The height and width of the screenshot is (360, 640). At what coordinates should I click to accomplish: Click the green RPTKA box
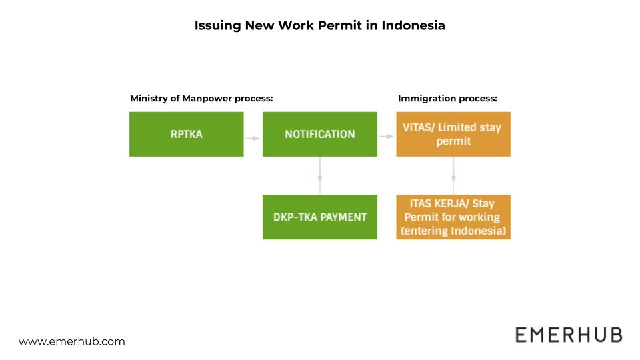pos(186,134)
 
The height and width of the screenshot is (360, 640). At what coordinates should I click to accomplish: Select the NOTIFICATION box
pos(319,134)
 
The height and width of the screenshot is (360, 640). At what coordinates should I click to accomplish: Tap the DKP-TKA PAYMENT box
pos(319,217)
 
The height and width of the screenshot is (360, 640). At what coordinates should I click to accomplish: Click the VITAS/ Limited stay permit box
pos(453,134)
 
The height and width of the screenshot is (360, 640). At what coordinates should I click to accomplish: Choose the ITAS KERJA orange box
pos(453,217)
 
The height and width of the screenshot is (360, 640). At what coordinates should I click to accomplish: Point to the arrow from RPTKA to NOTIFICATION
pos(253,138)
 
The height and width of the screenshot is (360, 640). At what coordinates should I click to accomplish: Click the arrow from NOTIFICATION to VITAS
pos(387,137)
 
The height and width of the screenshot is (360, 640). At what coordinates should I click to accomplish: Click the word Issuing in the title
pos(217,26)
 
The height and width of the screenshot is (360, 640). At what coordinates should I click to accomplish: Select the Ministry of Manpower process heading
pos(202,99)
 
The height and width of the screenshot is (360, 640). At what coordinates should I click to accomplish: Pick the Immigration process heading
pos(448,99)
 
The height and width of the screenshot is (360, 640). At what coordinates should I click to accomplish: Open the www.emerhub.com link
pos(72,341)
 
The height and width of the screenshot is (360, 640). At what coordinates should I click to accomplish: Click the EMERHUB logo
pos(568,335)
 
